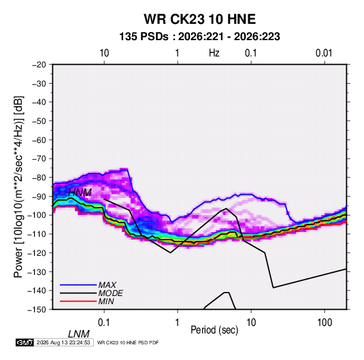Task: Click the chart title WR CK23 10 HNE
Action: click(x=199, y=19)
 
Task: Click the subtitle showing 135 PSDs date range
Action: click(x=199, y=37)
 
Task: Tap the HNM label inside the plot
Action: click(x=80, y=193)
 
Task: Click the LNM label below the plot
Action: click(x=78, y=334)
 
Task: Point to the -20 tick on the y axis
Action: click(x=39, y=65)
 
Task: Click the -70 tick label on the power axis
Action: click(x=39, y=159)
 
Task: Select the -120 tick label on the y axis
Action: click(x=37, y=253)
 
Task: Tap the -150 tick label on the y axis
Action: click(x=37, y=310)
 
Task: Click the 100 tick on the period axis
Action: click(x=325, y=323)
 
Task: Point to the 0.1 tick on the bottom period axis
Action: click(x=104, y=323)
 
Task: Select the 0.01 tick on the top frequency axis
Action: click(x=324, y=53)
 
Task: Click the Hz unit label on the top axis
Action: click(x=214, y=53)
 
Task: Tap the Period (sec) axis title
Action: click(x=214, y=330)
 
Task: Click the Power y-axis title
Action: click(x=18, y=187)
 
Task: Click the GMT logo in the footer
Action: click(x=25, y=342)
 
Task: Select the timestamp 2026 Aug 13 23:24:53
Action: click(x=63, y=342)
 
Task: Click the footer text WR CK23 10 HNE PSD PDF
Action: click(x=128, y=342)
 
